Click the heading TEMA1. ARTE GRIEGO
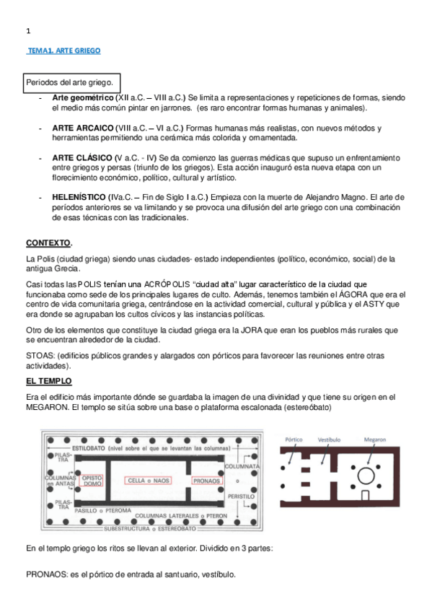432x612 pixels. (x=63, y=51)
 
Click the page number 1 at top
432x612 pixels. (x=27, y=30)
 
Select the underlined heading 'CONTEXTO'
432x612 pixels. (x=49, y=242)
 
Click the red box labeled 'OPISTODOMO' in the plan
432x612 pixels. (x=92, y=480)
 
